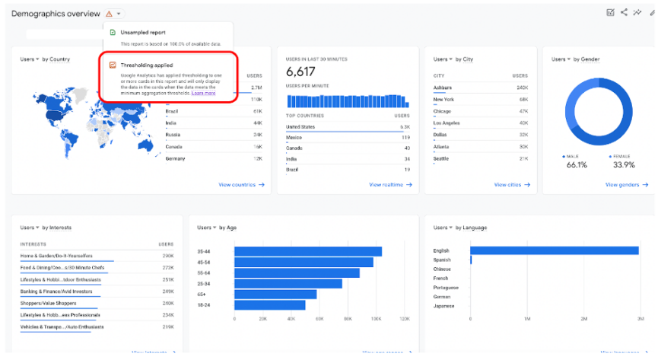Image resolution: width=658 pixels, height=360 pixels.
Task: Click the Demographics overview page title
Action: [x=56, y=14]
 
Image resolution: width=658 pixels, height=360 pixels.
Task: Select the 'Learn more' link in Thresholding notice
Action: [x=203, y=93]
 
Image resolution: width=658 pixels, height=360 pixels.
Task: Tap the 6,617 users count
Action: [x=300, y=71]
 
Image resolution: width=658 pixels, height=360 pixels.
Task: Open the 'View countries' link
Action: [x=241, y=184]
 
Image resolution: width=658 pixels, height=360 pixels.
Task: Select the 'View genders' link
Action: [x=625, y=184]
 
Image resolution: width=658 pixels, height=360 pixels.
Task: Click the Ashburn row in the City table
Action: [x=443, y=88]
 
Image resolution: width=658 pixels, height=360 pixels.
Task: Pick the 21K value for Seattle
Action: [x=523, y=158]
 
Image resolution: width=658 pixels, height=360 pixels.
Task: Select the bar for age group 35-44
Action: [x=308, y=251]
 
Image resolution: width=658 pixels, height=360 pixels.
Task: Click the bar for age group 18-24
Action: [x=270, y=305]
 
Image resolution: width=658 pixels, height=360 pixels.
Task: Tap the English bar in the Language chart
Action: [x=554, y=250]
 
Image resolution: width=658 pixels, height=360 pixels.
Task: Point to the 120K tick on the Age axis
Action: [x=404, y=320]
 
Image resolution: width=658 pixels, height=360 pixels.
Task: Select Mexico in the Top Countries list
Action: [x=294, y=138]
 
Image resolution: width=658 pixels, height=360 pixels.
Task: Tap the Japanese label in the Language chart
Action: [x=443, y=306]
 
